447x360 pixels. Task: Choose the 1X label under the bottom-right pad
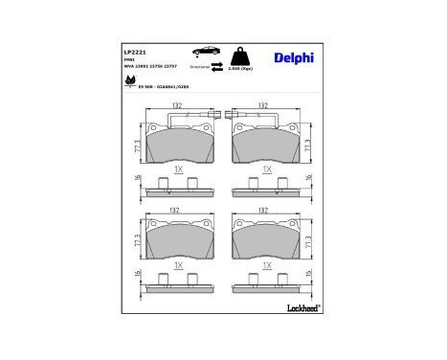(x=266, y=264)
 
